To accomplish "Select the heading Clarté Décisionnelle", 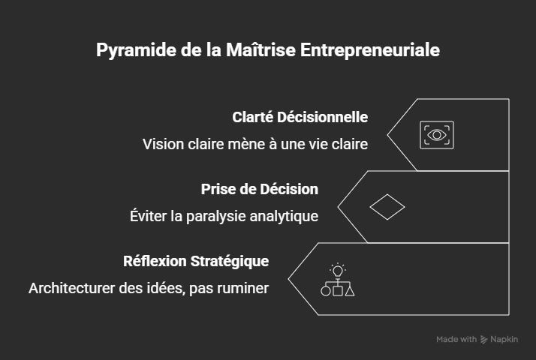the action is point(300,117).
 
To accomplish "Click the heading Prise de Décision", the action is point(259,189).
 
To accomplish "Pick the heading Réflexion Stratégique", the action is point(196,261).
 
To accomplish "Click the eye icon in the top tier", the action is point(436,135).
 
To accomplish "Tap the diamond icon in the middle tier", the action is point(387,207).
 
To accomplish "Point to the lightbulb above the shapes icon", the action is point(338,270).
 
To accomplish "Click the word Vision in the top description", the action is point(162,144).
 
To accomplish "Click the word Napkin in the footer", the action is point(505,340).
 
